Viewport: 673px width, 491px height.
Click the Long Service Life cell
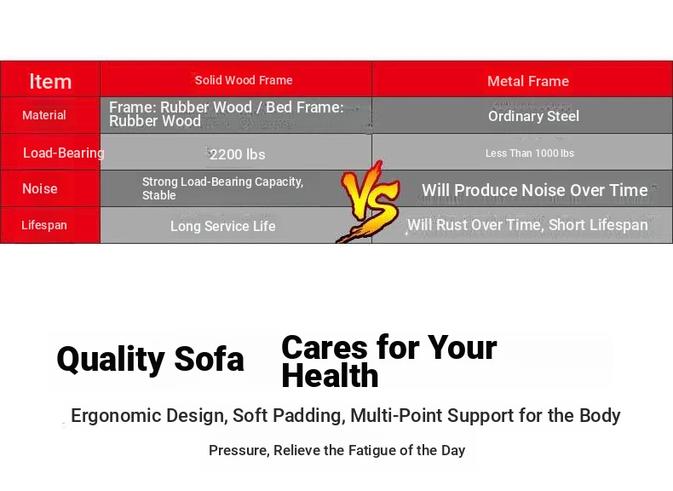click(x=222, y=226)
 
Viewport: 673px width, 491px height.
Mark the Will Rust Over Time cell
click(x=527, y=225)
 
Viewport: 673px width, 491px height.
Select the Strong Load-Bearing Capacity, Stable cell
click(x=222, y=188)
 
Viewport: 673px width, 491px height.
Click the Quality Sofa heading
click(x=150, y=359)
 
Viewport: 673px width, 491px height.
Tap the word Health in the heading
click(x=330, y=376)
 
